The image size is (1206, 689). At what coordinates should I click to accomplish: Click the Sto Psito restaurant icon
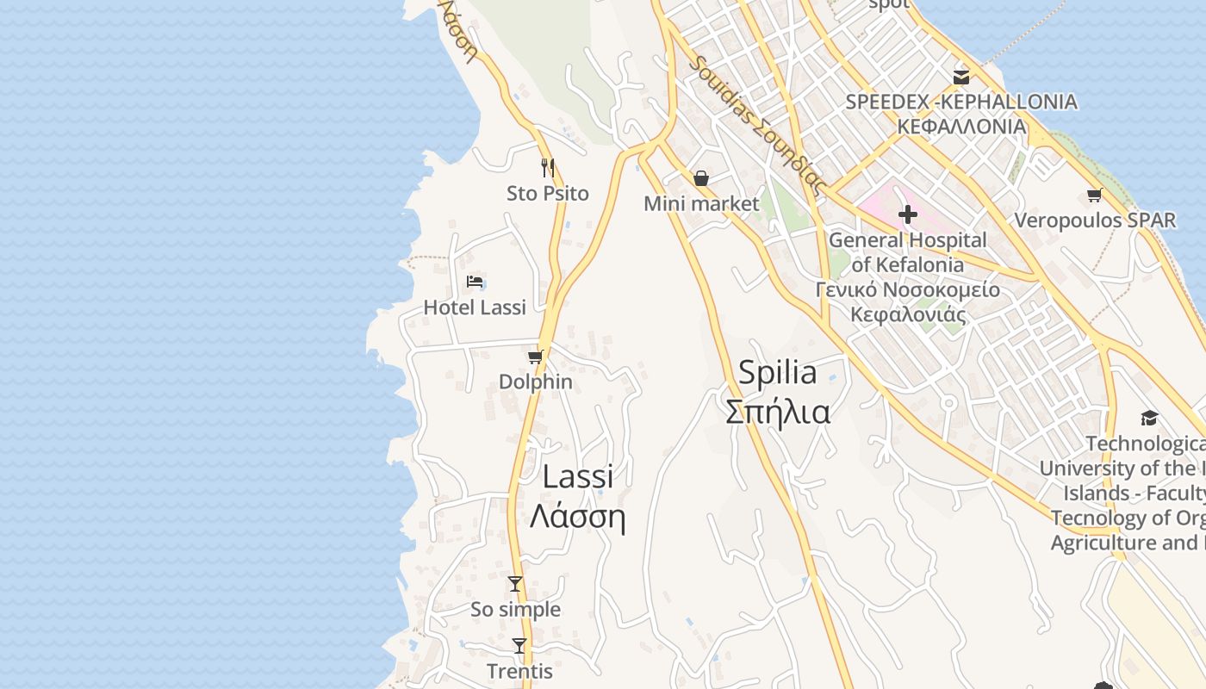pos(547,167)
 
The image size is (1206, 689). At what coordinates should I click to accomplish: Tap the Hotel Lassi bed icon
pos(475,281)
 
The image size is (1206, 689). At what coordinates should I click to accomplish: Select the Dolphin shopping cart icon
pos(536,357)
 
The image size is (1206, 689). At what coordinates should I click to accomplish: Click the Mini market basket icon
pos(701,178)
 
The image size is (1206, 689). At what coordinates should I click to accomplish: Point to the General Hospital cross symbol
pos(907,214)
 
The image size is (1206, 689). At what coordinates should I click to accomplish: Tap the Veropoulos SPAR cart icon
pos(1095,196)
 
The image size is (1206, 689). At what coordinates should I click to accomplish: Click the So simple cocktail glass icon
pos(515,584)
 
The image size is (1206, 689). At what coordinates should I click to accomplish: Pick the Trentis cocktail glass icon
pos(519,645)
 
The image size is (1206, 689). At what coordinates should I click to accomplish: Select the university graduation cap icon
pos(1149,419)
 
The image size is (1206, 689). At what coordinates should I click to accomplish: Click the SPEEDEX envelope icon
pos(961,77)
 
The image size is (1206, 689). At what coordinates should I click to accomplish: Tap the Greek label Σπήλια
pos(778,412)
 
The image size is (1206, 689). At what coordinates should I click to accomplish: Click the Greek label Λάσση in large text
pos(576,516)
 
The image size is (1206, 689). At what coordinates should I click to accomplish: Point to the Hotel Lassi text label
pos(475,307)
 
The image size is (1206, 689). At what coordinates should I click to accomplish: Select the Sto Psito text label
pos(547,194)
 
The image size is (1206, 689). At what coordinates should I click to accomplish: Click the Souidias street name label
pos(758,125)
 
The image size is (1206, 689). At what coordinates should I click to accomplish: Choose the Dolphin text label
pos(536,382)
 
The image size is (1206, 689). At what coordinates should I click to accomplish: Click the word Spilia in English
pos(778,373)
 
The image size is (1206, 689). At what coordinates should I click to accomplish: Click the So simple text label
pos(515,610)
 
